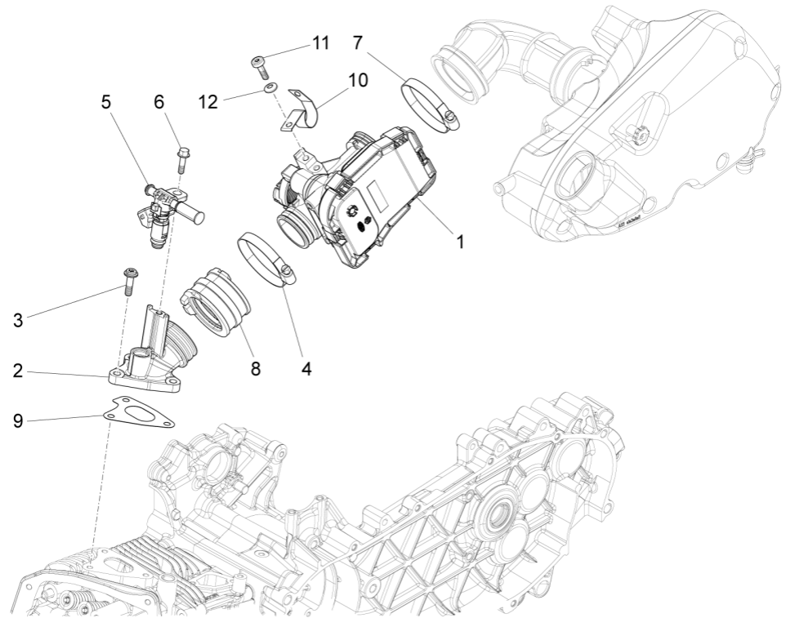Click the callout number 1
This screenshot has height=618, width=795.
pyautogui.click(x=460, y=242)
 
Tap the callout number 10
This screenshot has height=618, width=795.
pyautogui.click(x=357, y=81)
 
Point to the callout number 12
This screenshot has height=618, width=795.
pyautogui.click(x=208, y=101)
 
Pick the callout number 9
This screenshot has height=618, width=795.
pyautogui.click(x=18, y=420)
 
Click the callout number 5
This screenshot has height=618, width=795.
pyautogui.click(x=106, y=102)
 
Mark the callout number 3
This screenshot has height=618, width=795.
pyautogui.click(x=18, y=320)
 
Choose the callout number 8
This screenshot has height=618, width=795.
pyautogui.click(x=255, y=369)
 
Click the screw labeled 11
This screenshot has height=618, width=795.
pyautogui.click(x=259, y=62)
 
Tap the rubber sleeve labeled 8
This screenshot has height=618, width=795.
pyautogui.click(x=215, y=302)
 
